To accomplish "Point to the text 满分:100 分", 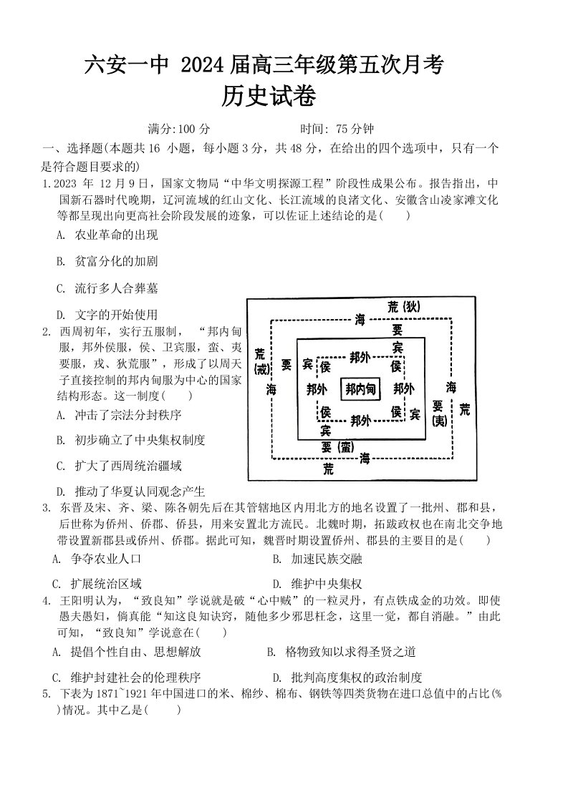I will [179, 129].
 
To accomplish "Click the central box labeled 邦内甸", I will [361, 389].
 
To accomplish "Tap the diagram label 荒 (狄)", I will [403, 307].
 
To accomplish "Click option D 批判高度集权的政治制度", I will [356, 677].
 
